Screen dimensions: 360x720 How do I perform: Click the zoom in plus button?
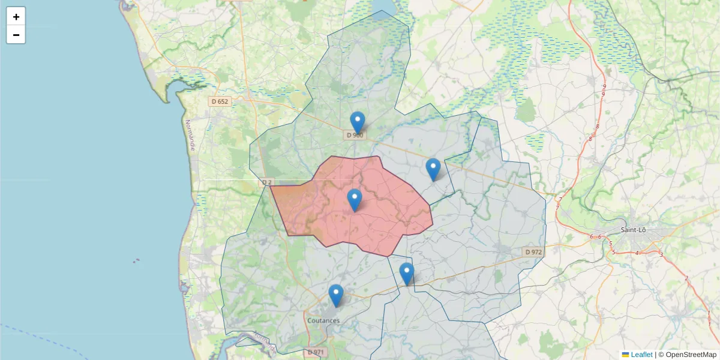pos(16,17)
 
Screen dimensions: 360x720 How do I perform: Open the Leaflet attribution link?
pos(641,355)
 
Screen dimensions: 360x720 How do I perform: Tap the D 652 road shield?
pos(220,101)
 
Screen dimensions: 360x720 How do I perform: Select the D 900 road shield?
pos(355,135)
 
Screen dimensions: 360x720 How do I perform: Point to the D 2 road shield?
pos(267,182)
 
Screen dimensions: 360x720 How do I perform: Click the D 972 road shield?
pos(533,252)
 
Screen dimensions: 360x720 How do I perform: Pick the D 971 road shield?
pos(316,352)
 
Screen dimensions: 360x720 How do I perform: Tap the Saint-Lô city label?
pos(633,230)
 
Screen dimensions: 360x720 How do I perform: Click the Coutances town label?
pos(323,320)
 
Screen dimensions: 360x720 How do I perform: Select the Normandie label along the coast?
pos(190,135)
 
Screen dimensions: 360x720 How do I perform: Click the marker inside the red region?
pos(355,200)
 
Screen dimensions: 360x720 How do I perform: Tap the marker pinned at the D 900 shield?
pos(358,122)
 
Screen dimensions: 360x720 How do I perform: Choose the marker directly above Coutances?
pos(336,295)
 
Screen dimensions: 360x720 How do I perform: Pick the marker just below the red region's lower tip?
pos(407,274)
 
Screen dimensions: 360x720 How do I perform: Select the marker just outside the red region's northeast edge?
pos(433,169)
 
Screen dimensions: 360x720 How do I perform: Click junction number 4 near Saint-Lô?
pos(637,253)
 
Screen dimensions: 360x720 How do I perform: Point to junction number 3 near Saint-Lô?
pos(661,255)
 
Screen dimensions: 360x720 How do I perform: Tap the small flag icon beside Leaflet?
pos(625,355)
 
